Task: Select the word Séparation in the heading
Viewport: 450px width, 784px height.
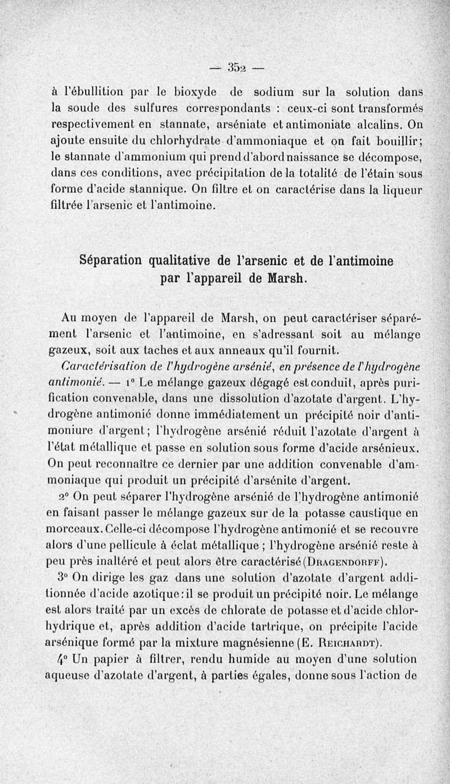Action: [x=114, y=261]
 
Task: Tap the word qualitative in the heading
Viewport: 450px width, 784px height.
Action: [x=181, y=261]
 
